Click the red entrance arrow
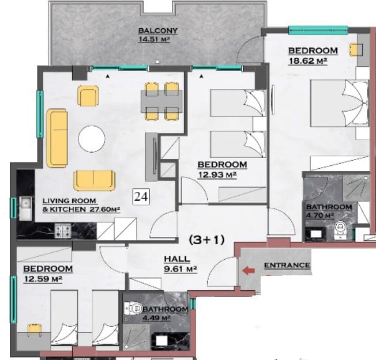249,271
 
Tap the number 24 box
141,196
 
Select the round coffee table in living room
92,139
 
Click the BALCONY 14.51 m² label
158,35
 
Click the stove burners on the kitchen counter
63,231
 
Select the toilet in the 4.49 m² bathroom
133,308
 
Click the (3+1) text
206,240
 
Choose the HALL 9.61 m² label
181,264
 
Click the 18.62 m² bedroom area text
308,61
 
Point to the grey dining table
161,101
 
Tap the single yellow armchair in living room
88,96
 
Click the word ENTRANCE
287,266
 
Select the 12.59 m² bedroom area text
43,279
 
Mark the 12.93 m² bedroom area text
217,175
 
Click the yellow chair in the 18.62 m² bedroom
356,50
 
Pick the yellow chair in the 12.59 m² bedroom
35,330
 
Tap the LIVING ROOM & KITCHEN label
81,205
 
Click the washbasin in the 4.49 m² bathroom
162,340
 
